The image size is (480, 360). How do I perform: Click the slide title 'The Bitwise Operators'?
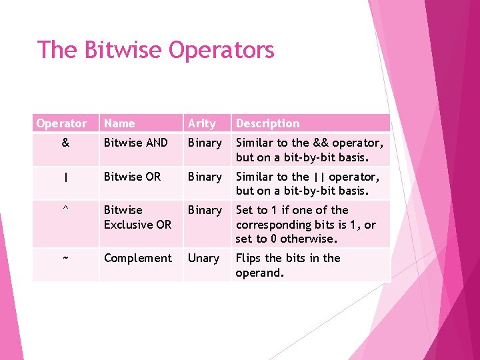coord(156,50)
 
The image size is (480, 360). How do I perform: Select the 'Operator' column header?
coord(62,123)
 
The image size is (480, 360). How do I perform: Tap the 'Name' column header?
coord(119,123)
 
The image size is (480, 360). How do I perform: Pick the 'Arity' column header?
coord(202,123)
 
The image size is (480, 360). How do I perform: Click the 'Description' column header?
coord(267,123)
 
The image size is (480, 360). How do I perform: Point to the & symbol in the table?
coord(65,143)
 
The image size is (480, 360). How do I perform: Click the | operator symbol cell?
coord(65,177)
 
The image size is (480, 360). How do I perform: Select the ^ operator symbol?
coord(65,210)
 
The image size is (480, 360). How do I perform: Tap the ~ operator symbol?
coord(65,258)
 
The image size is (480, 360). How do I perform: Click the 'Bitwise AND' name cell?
coord(136,143)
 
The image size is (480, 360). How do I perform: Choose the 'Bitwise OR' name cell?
coord(133,177)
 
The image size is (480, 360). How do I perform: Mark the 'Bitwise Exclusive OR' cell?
coord(137,217)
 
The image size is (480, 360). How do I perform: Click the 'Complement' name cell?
coord(138,258)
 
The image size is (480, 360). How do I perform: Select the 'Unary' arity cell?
coord(203,258)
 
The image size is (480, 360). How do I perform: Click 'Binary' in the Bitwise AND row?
coord(205,143)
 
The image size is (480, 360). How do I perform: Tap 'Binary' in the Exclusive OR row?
coord(205,210)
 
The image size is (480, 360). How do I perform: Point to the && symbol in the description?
coord(321,143)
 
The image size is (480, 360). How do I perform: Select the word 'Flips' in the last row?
coord(249,258)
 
